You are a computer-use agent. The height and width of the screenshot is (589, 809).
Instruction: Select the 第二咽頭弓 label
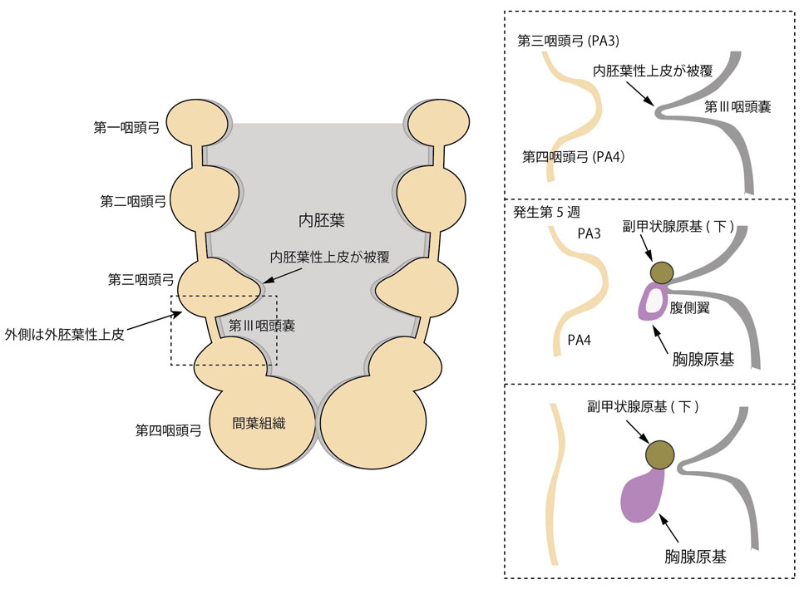pyautogui.click(x=131, y=201)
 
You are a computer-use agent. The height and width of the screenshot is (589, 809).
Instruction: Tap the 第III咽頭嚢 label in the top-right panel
pyautogui.click(x=738, y=106)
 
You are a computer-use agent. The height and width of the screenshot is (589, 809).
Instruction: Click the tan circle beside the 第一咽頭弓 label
pyautogui.click(x=196, y=124)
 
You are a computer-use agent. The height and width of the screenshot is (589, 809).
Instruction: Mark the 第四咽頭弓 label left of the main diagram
pyautogui.click(x=169, y=430)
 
